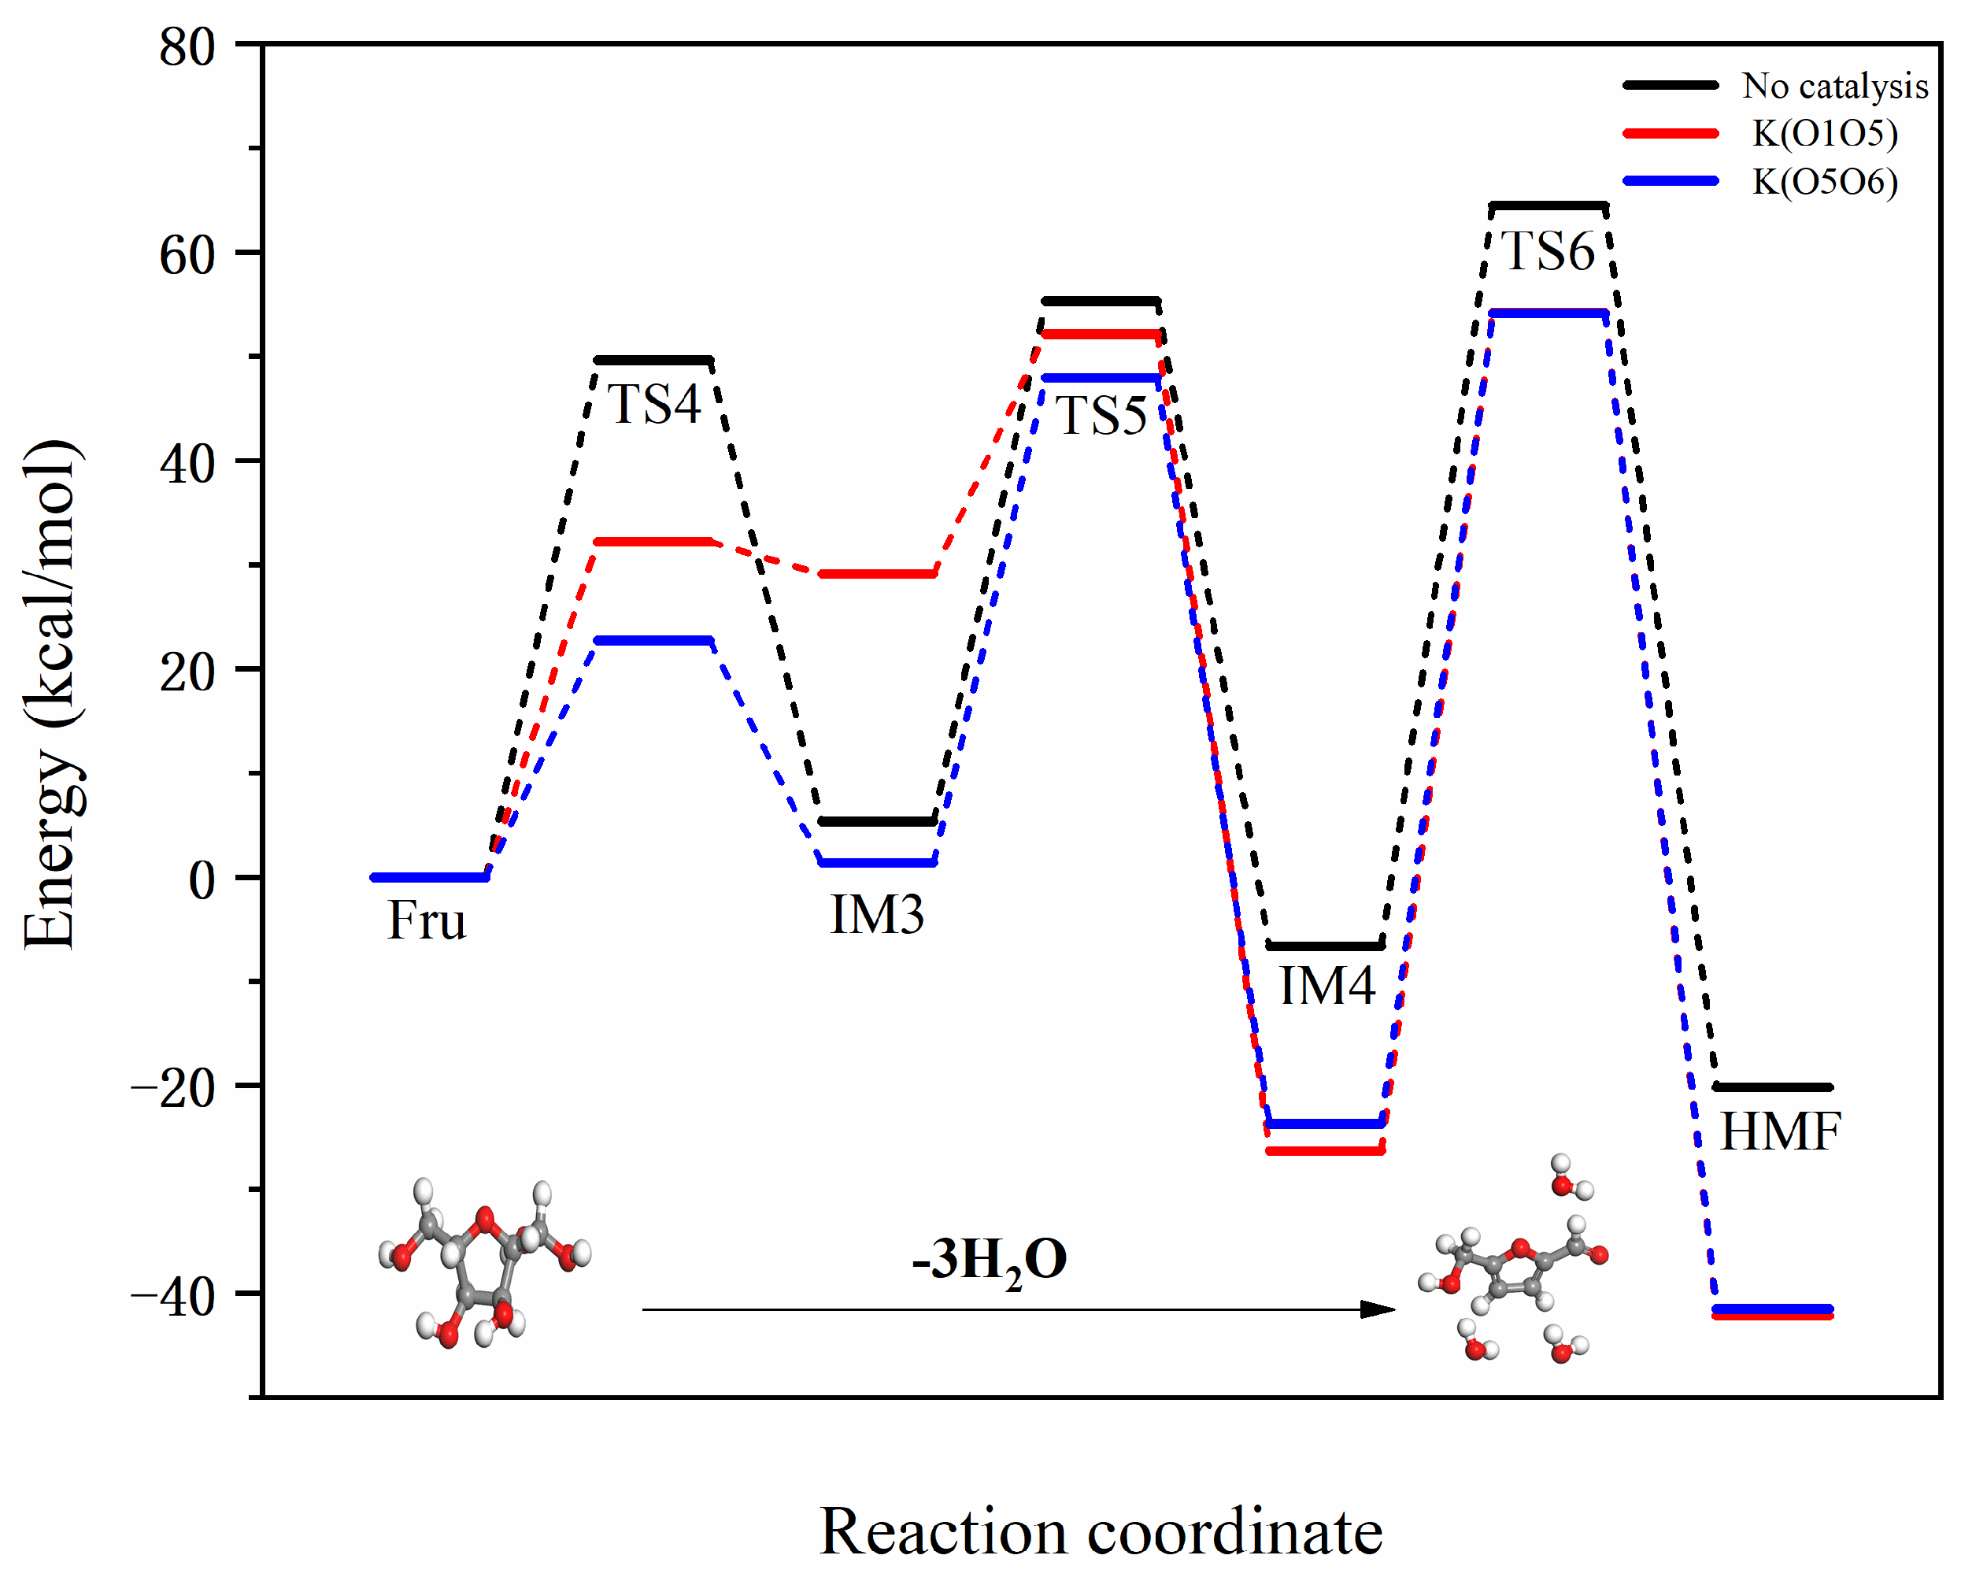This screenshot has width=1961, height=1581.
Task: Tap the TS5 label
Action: click(1101, 417)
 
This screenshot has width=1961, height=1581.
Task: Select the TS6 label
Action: click(1548, 250)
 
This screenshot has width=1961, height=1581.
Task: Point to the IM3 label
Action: click(877, 914)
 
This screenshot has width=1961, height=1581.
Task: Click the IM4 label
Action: click(1326, 986)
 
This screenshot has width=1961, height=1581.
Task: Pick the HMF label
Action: click(1780, 1132)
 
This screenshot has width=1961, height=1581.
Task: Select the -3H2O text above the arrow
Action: click(990, 1261)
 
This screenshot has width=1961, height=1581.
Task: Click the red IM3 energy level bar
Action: click(878, 574)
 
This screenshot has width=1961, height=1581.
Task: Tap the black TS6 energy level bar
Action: click(1548, 205)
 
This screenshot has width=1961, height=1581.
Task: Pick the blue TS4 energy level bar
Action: click(653, 640)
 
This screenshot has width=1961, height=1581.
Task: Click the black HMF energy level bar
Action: click(1771, 1087)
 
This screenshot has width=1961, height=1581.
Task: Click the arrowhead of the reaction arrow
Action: click(1377, 1309)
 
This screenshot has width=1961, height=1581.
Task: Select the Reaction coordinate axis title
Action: click(1101, 1533)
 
